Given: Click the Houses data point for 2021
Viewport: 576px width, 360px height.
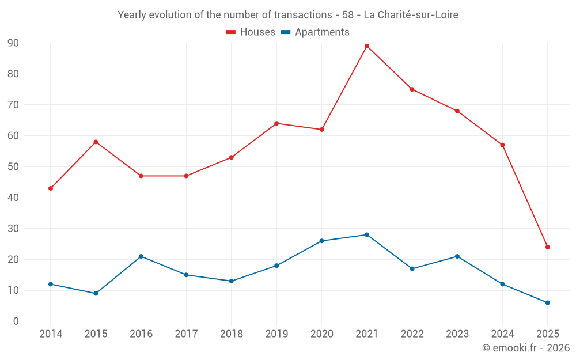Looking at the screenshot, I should [367, 46].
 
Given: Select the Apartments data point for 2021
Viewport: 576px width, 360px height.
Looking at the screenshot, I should [367, 234].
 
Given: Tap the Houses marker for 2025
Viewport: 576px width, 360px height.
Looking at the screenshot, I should [548, 247].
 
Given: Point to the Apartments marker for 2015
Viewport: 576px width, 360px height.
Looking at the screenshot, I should [96, 293].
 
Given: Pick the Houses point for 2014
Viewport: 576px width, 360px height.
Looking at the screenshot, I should [51, 188].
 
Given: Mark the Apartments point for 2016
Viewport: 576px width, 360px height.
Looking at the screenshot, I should [141, 256].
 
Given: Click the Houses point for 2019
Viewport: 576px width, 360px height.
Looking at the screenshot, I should [276, 123].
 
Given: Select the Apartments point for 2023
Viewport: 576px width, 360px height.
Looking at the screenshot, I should [457, 256].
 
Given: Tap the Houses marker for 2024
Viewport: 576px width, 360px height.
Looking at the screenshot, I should [502, 145].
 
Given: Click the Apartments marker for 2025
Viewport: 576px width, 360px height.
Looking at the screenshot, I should [548, 302].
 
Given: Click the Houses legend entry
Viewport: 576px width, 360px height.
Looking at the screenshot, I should [251, 32].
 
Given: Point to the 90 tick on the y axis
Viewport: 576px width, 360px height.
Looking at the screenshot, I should [13, 43].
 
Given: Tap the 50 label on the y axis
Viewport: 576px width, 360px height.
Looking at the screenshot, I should [13, 167].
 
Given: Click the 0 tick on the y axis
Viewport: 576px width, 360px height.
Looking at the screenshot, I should [16, 321].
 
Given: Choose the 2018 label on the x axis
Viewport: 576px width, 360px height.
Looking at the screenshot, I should [231, 334].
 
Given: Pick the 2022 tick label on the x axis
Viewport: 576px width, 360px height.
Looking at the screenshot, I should [412, 334].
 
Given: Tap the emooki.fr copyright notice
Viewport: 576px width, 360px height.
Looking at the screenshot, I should [526, 348].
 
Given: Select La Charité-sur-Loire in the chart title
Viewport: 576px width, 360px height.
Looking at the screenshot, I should [411, 15].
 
